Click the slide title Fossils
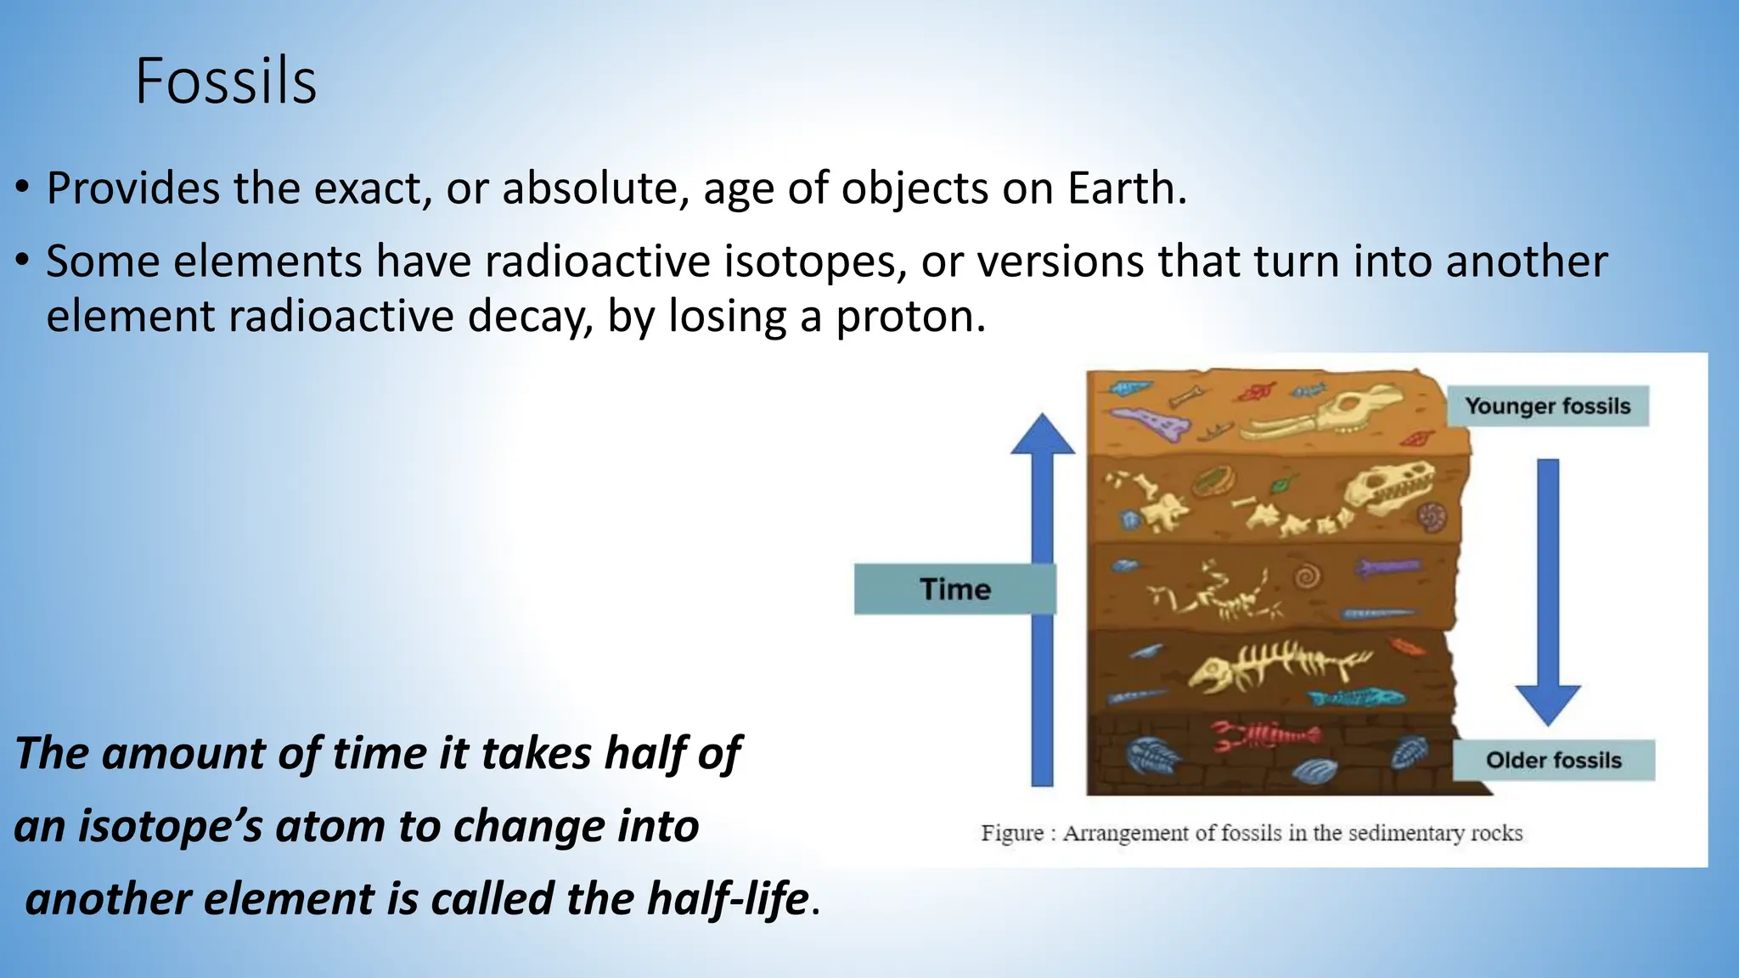tap(226, 81)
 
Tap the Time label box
tap(954, 589)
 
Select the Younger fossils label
tap(1547, 406)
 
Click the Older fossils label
tap(1553, 760)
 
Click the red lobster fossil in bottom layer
tap(1265, 735)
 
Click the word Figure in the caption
tap(1011, 833)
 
